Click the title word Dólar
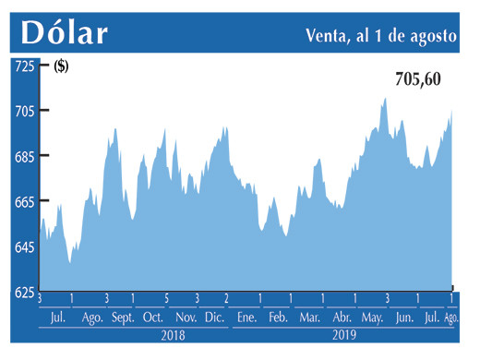click(x=65, y=32)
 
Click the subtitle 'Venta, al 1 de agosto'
click(x=379, y=36)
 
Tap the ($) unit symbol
click(x=61, y=66)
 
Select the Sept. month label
click(x=124, y=318)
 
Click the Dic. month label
click(x=214, y=318)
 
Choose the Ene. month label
click(x=246, y=318)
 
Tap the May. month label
click(x=372, y=318)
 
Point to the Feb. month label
click(x=278, y=318)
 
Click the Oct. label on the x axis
click(x=153, y=318)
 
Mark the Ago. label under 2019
click(x=452, y=318)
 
